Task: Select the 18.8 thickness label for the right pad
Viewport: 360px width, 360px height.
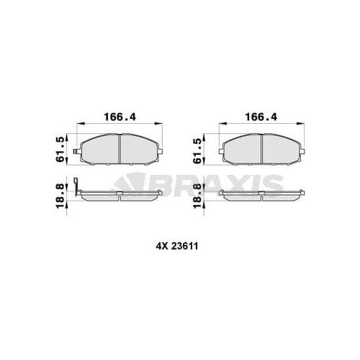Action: tap(200, 195)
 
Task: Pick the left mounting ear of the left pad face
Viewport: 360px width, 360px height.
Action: tap(78, 152)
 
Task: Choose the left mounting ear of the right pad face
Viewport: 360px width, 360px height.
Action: tap(221, 152)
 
